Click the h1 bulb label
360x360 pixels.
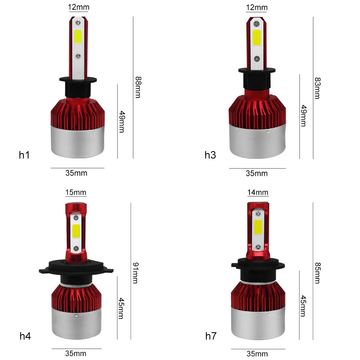coord(24,155)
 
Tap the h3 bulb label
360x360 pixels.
coord(210,155)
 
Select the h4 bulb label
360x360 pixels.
coord(25,336)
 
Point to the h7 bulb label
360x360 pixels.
coord(211,336)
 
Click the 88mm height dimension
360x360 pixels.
coord(138,87)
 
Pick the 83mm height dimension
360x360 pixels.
coord(317,88)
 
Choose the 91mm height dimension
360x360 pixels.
coord(136,273)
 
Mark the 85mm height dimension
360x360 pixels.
coord(317,273)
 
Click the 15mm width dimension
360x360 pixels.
coord(76,192)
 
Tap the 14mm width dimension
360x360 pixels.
coord(258,192)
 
